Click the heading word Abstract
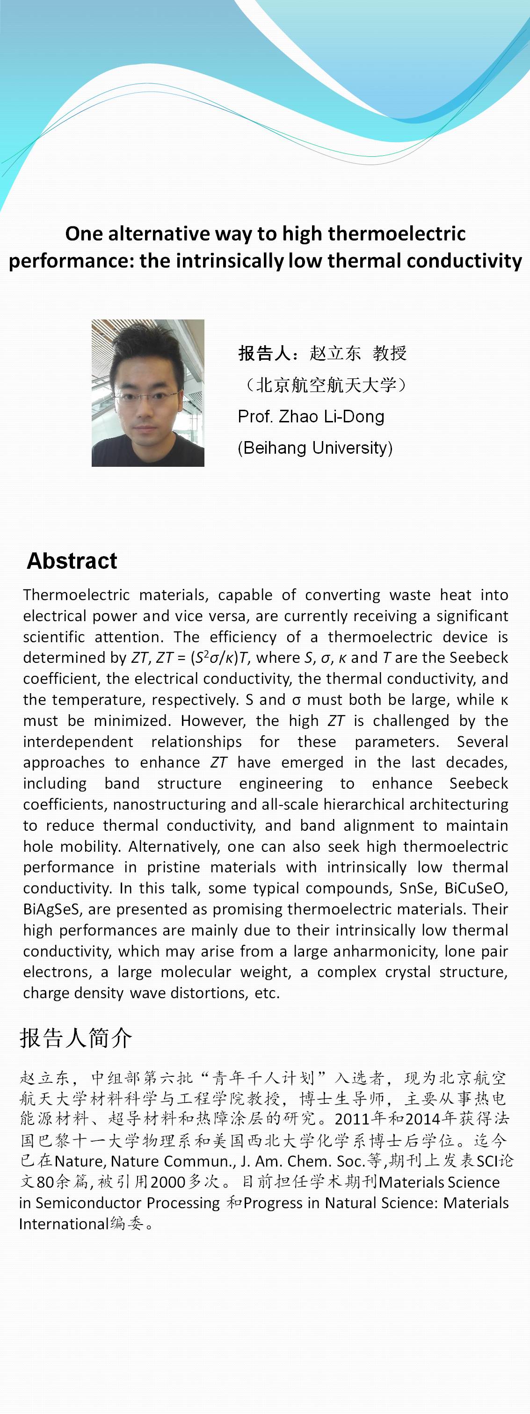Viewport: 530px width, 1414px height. (72, 561)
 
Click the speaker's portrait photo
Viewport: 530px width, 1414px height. (148, 393)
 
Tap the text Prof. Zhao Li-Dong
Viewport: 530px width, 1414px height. (311, 417)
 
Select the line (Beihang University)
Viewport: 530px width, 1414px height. (315, 448)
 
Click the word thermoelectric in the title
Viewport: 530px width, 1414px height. (397, 234)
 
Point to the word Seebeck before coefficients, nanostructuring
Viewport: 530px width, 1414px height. (479, 783)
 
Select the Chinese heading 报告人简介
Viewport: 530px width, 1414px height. (76, 1038)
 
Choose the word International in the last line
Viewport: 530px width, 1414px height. (64, 1224)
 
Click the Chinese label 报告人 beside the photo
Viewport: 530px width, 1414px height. (264, 353)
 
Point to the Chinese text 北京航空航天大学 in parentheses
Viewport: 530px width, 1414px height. (326, 385)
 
